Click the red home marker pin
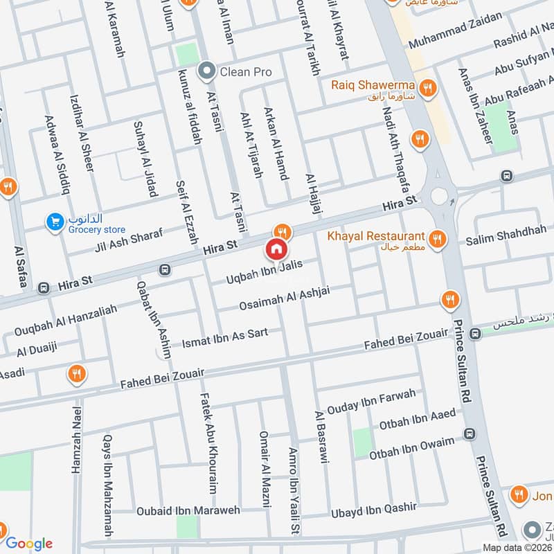coord(276,249)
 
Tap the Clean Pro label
coord(245,71)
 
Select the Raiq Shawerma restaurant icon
coord(429,88)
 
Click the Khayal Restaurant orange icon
coord(436,240)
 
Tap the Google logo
coord(28,544)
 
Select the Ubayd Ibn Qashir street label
coord(374,510)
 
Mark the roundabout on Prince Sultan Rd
coord(439,196)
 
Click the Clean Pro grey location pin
coord(206,71)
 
